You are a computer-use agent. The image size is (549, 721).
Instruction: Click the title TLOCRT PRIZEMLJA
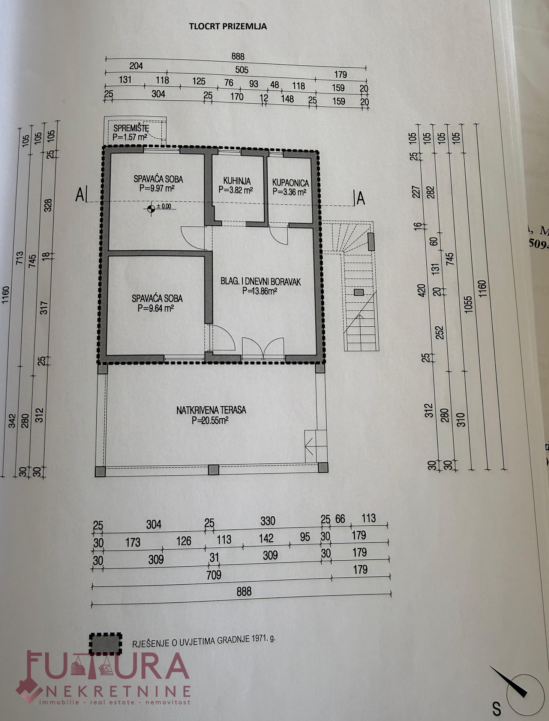click(228, 26)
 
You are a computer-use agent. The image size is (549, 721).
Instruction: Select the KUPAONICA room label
click(290, 183)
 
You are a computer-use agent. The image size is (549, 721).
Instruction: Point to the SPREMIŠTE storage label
click(131, 128)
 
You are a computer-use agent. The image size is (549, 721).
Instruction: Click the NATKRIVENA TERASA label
click(211, 410)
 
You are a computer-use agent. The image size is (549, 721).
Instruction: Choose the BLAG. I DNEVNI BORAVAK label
click(261, 281)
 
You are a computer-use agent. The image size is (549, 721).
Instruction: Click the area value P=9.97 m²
click(157, 189)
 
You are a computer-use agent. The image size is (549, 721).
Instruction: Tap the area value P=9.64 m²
click(156, 308)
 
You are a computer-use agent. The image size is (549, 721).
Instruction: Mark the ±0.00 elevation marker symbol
click(151, 209)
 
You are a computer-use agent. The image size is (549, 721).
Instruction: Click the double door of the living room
click(263, 349)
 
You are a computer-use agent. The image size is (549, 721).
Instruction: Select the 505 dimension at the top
click(242, 70)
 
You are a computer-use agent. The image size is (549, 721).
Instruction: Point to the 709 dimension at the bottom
click(214, 575)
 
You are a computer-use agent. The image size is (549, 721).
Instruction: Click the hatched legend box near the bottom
click(106, 644)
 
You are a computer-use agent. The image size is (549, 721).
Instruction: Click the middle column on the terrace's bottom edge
click(213, 469)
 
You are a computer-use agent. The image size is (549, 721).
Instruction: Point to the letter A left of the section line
click(79, 195)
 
